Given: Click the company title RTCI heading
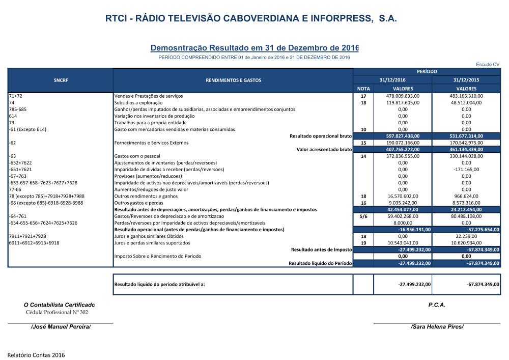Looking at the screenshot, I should coord(254,19).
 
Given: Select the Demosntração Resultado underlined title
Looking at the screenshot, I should coord(254,48).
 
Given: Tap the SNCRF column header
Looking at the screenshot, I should coord(61,80).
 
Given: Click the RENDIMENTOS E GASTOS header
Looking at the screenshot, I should coord(233,80).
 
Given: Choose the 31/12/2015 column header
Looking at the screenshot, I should coord(466,80).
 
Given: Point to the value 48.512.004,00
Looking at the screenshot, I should coord(466,102).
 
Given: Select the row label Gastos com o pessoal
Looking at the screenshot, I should coord(137,156).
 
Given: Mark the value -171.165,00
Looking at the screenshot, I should coord(466,170).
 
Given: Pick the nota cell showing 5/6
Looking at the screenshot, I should coord(363,216).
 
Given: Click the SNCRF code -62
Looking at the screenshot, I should coord(12,143).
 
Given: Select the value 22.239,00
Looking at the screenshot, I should coord(466,236).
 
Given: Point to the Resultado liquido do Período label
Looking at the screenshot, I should coord(320,263).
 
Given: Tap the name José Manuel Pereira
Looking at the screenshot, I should coord(61,326).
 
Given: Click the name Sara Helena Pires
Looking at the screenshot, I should coord(437,326).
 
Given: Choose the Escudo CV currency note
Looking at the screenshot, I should coord(488,64).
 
